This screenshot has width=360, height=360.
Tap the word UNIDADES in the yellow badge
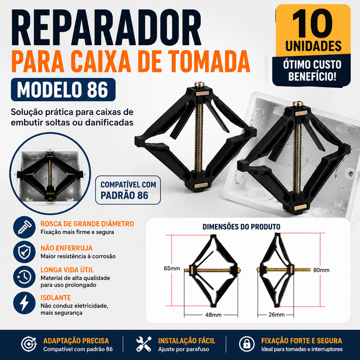click(x=313, y=46)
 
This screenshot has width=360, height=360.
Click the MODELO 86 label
click(x=63, y=90)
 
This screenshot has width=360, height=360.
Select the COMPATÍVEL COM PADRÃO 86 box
click(x=128, y=190)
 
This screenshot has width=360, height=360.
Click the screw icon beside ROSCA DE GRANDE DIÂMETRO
click(x=24, y=227)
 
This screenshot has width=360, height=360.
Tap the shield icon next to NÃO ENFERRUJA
click(x=24, y=252)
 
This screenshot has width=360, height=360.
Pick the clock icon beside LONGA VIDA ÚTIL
click(x=24, y=277)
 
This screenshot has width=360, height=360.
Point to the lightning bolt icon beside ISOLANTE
click(x=24, y=303)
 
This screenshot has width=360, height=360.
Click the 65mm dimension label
click(x=172, y=268)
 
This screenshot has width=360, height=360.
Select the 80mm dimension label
click(x=321, y=270)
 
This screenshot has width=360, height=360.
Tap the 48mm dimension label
click(x=213, y=315)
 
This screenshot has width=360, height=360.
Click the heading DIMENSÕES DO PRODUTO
click(x=241, y=227)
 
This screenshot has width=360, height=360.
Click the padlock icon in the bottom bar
click(x=247, y=344)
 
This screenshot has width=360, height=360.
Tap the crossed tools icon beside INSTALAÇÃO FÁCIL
click(x=144, y=344)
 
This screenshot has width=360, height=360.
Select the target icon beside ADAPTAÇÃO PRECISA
click(x=29, y=344)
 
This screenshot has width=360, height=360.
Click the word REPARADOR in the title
click(x=106, y=27)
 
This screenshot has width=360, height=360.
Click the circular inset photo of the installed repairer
click(x=50, y=174)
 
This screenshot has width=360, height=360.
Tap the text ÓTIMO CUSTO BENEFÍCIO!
click(x=312, y=70)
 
